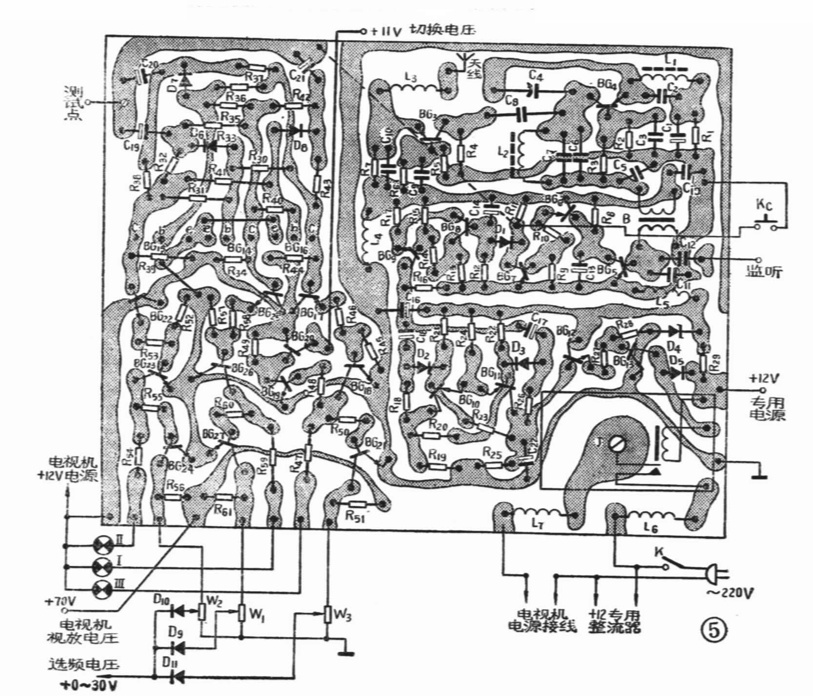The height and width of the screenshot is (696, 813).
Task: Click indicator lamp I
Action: [102, 566]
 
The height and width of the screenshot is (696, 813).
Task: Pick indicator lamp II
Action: [102, 545]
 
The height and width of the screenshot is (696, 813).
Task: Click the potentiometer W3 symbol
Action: [329, 614]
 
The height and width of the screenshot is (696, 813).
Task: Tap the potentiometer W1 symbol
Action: [241, 612]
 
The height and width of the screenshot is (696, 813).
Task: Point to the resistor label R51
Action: [355, 516]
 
